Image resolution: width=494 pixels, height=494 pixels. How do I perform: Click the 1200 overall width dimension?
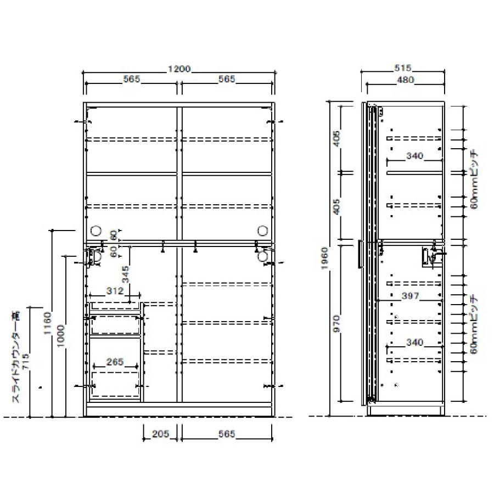pos(179,69)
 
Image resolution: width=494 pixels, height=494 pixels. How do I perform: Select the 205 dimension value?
pos(161,434)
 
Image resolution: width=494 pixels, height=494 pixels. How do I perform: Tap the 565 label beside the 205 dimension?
pos(227,434)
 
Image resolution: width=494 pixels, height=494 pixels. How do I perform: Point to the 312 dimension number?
pos(115,290)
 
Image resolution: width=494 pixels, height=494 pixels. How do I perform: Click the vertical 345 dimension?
pos(125,274)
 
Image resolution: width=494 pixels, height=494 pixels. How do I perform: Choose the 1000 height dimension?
pos(61,336)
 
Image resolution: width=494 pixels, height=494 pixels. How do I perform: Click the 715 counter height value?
pos(25,362)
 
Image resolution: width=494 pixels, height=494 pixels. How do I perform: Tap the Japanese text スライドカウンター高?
pos(16,357)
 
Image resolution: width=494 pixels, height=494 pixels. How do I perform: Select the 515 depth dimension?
pos(403,68)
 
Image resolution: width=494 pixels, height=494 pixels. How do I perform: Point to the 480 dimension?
pos(405,80)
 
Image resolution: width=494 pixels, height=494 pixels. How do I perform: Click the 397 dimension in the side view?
pos(410,295)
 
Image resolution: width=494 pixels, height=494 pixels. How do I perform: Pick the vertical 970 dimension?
pos(336,323)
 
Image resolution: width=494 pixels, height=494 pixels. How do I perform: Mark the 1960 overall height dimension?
pos(325,259)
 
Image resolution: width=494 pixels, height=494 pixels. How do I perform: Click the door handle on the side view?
pos(361,254)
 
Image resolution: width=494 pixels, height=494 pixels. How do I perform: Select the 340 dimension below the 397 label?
pos(414,342)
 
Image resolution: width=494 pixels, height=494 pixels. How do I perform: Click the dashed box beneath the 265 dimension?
pos(115,384)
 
